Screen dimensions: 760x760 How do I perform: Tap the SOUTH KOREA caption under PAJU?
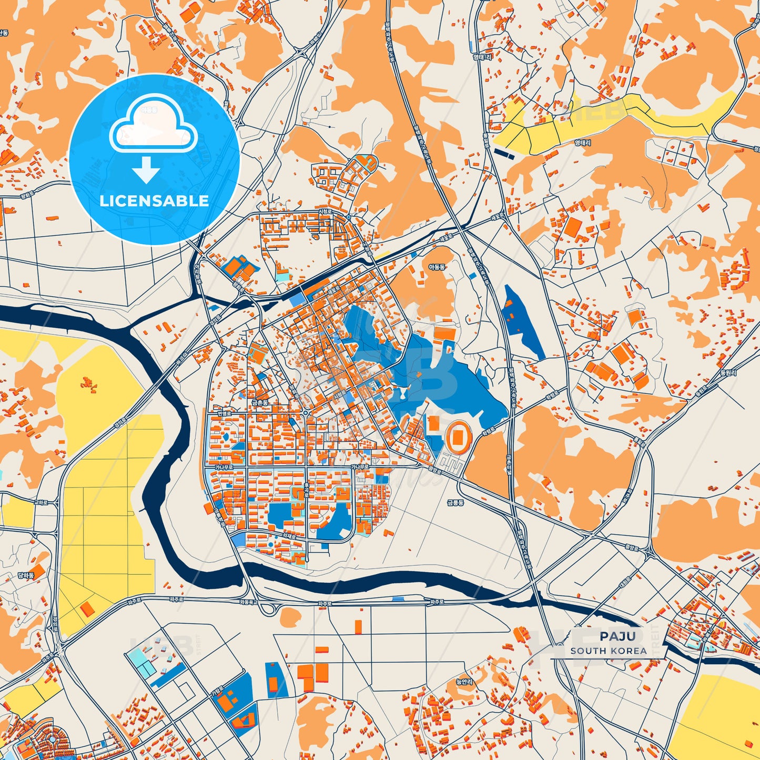click(x=609, y=651)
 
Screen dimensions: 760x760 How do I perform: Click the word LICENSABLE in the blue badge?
click(x=154, y=201)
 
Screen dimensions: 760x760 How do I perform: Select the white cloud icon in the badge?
click(x=153, y=126)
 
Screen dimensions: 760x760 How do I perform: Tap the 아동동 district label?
click(x=437, y=268)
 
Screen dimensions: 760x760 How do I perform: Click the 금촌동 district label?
click(x=260, y=403)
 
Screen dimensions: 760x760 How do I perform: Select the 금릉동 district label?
click(x=455, y=503)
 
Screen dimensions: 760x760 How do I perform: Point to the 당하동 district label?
click(x=26, y=576)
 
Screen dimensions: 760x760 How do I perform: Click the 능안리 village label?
click(x=465, y=682)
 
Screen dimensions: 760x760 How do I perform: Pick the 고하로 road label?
click(x=41, y=503)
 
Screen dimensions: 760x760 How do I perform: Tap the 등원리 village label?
click(x=728, y=373)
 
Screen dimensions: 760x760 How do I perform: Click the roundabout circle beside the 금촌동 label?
click(x=306, y=413)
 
